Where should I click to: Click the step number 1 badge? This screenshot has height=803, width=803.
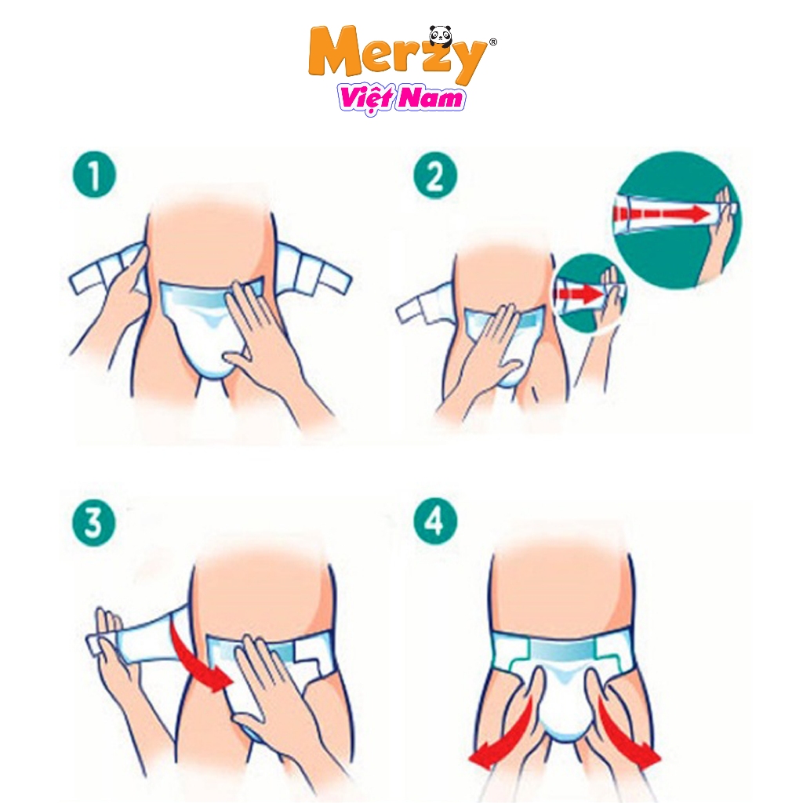pyautogui.click(x=94, y=176)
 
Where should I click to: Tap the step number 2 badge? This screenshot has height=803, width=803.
pyautogui.click(x=434, y=176)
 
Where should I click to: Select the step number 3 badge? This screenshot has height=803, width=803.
pyautogui.click(x=94, y=523)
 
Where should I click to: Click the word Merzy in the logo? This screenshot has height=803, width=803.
pyautogui.click(x=398, y=56)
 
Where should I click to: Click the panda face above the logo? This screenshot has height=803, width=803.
pyautogui.click(x=441, y=34)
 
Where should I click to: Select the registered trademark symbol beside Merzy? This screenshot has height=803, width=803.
pyautogui.click(x=492, y=42)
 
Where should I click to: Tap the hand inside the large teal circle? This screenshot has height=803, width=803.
pyautogui.click(x=720, y=233)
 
